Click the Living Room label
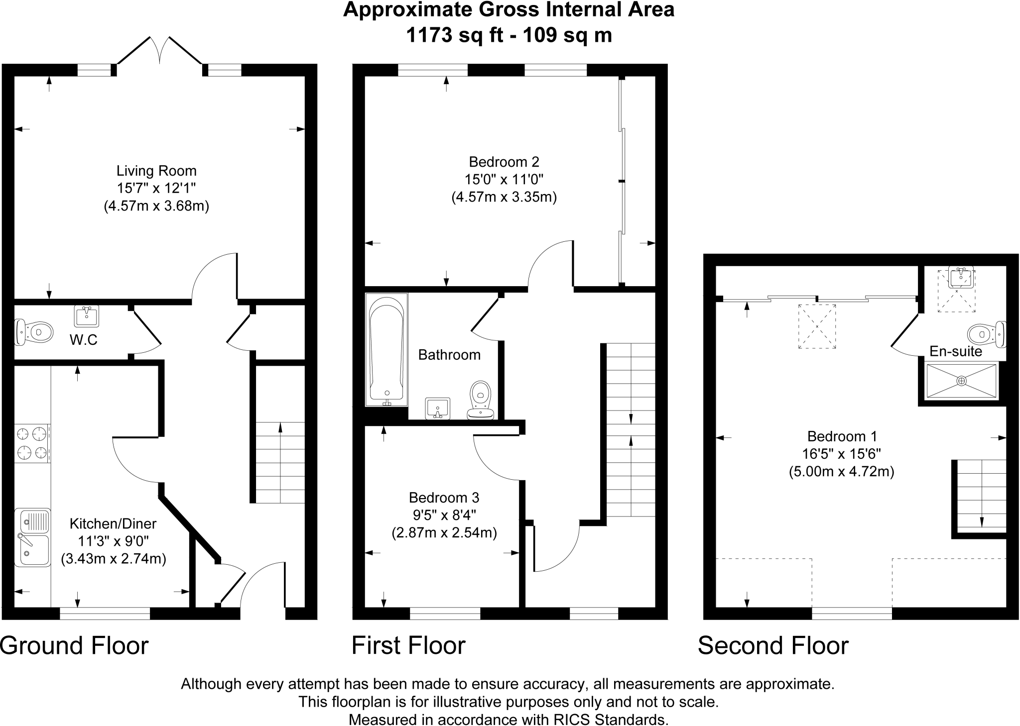pyautogui.click(x=156, y=171)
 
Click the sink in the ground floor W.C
pyautogui.click(x=87, y=315)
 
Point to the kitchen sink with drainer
pyautogui.click(x=32, y=537)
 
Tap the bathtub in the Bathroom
pyautogui.click(x=386, y=349)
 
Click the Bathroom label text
pyautogui.click(x=449, y=355)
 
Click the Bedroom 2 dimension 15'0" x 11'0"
pyautogui.click(x=504, y=179)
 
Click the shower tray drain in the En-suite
pyautogui.click(x=961, y=381)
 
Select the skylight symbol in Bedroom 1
pyautogui.click(x=817, y=326)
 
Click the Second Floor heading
pyautogui.click(x=773, y=646)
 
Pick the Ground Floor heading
pyautogui.click(x=74, y=646)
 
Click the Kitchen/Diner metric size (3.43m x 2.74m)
pyautogui.click(x=114, y=559)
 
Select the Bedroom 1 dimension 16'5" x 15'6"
pyautogui.click(x=842, y=454)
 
